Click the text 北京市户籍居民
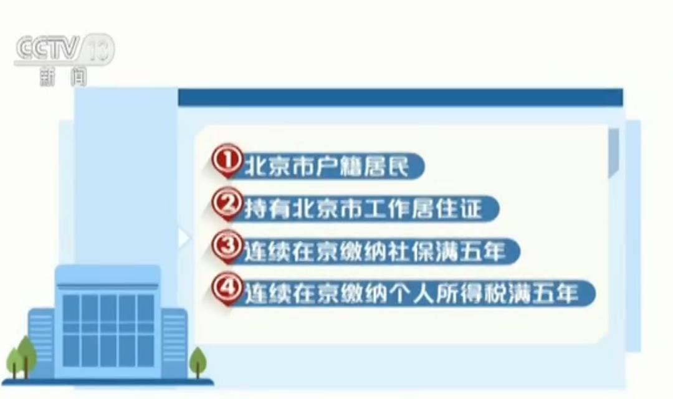point(327,166)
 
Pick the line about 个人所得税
point(411,294)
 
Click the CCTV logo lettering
point(48,48)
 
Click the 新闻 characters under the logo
point(63,77)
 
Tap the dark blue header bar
point(401,97)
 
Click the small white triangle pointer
point(184,238)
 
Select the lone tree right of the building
point(198,362)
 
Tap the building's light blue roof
point(108,276)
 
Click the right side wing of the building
point(174,343)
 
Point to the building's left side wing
point(42,343)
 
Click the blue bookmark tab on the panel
point(614,153)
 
